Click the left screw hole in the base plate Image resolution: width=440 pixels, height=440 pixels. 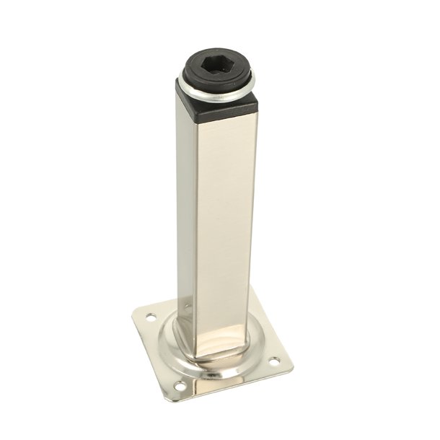pos(151,316)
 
